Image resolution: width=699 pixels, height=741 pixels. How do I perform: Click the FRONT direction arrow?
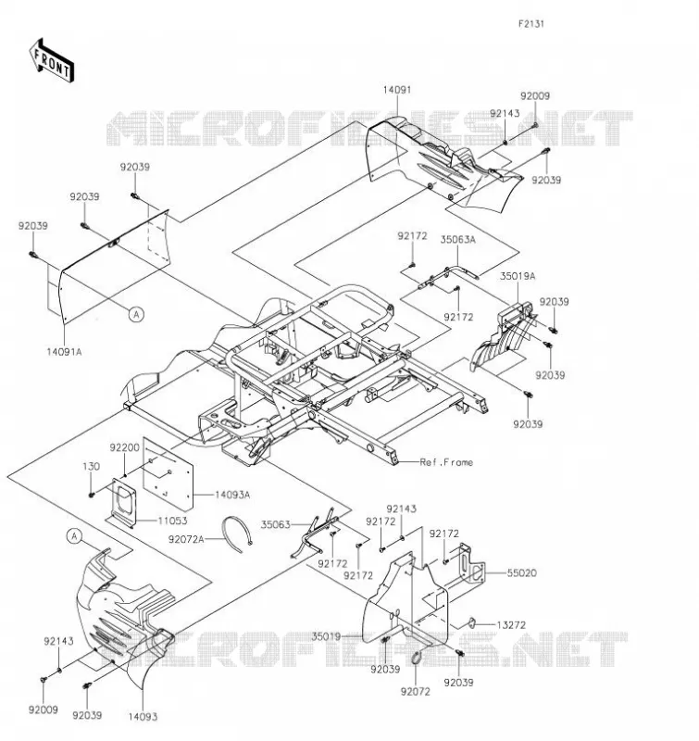(52, 61)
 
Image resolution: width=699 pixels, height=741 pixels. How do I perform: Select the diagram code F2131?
(531, 24)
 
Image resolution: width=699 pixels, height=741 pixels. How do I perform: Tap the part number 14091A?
(64, 352)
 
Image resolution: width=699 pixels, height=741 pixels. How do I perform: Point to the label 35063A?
(457, 240)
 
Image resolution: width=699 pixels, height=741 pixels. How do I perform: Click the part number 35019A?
(518, 276)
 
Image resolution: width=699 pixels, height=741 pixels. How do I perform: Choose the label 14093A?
(232, 495)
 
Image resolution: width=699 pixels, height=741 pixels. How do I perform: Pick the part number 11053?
(172, 521)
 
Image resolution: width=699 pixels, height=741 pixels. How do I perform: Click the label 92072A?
(186, 539)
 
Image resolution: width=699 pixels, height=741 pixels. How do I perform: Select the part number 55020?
(522, 573)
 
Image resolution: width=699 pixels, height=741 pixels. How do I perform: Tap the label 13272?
(511, 625)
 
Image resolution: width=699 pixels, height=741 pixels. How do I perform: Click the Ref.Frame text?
(446, 462)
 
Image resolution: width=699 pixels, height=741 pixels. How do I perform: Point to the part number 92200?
(125, 447)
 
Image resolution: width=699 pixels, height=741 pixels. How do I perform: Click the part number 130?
(91, 467)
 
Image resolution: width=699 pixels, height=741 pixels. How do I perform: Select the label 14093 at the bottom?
(143, 717)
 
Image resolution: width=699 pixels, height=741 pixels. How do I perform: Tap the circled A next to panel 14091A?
(136, 314)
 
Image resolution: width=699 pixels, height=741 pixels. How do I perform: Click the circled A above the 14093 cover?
(74, 536)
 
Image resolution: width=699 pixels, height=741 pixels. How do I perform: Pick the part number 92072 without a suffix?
(416, 692)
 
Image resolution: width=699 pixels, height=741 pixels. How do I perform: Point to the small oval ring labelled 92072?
(418, 658)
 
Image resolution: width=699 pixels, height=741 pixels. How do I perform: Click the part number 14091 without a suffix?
(397, 90)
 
